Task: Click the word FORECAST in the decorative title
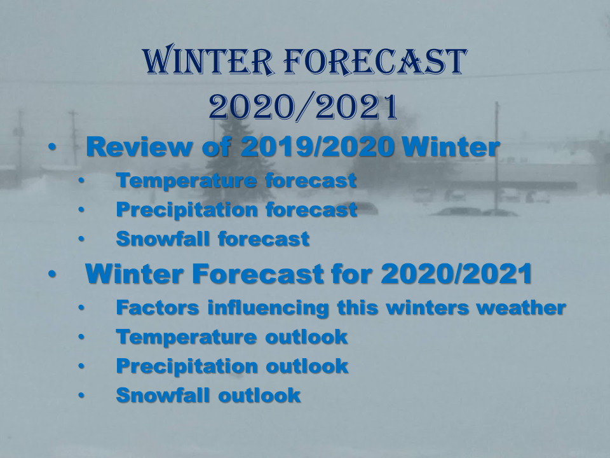(x=376, y=61)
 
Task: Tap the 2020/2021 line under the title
(x=303, y=107)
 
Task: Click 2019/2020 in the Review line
(x=318, y=147)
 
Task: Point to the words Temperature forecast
(x=236, y=180)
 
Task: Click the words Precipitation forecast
(x=236, y=210)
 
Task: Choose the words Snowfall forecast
(x=213, y=239)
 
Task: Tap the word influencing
(x=268, y=308)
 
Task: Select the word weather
(x=521, y=307)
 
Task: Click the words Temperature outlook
(x=232, y=337)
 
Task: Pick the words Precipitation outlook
(x=233, y=366)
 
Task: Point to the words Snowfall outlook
(x=208, y=395)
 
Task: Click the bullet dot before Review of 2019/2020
(x=52, y=147)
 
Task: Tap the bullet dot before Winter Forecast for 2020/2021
(x=52, y=274)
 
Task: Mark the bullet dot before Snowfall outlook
(x=81, y=395)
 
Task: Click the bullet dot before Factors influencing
(x=81, y=308)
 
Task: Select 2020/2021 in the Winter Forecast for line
(x=457, y=274)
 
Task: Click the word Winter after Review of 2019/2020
(x=451, y=147)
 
